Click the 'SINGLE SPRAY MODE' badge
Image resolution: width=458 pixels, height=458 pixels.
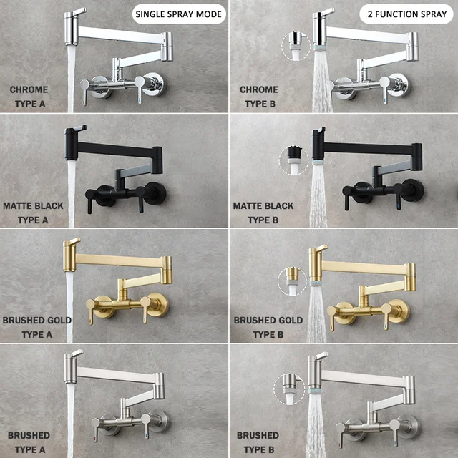point(180,14)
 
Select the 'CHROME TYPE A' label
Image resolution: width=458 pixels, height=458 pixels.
point(29,96)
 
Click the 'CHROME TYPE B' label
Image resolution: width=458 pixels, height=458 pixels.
point(259,96)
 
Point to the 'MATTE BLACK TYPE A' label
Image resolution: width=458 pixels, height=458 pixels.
point(33,213)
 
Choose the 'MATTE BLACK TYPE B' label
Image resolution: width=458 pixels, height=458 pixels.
point(263,213)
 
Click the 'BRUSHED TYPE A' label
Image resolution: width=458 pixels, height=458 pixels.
point(29,442)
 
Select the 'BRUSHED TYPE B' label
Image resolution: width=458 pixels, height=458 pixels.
point(258,442)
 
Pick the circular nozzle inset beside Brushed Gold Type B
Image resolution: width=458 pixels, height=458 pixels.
point(293,279)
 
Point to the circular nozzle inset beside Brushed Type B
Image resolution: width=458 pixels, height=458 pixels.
point(289,390)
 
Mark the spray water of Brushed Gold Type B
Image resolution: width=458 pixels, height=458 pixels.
point(316,315)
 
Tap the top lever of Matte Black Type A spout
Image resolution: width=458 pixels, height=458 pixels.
point(77,130)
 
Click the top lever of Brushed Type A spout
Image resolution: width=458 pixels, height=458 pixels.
point(74,354)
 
